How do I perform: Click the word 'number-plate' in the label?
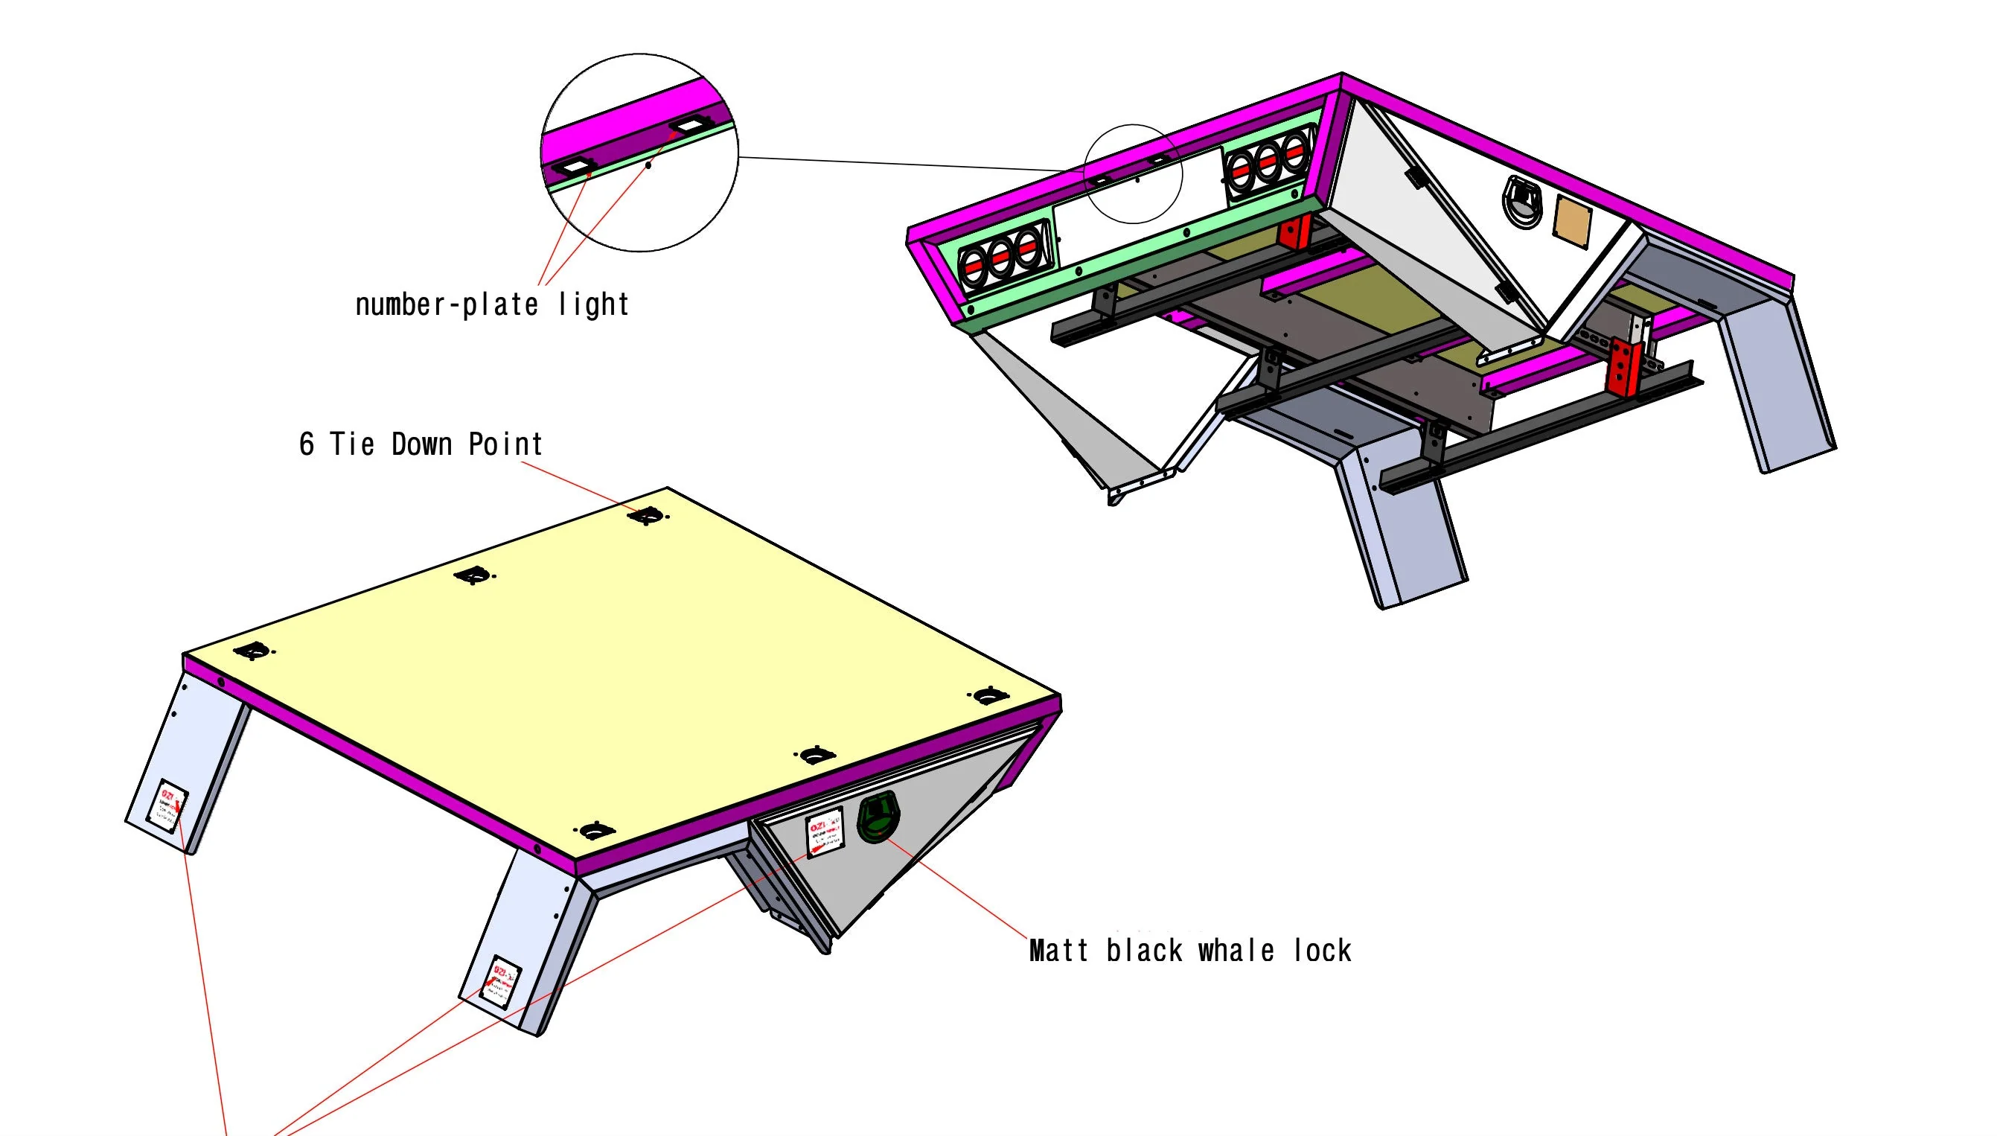(446, 304)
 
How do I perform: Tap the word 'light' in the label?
(594, 304)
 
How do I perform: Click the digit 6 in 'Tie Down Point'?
(307, 444)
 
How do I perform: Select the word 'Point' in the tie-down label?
(505, 444)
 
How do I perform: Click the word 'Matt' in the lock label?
(1058, 951)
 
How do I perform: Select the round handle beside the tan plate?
(1522, 201)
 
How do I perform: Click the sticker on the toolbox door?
(825, 834)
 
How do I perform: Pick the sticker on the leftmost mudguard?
(173, 807)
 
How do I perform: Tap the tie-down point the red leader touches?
(647, 516)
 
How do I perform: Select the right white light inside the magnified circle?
(687, 125)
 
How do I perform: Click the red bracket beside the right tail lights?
(1295, 232)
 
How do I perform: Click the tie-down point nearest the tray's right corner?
(988, 695)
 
